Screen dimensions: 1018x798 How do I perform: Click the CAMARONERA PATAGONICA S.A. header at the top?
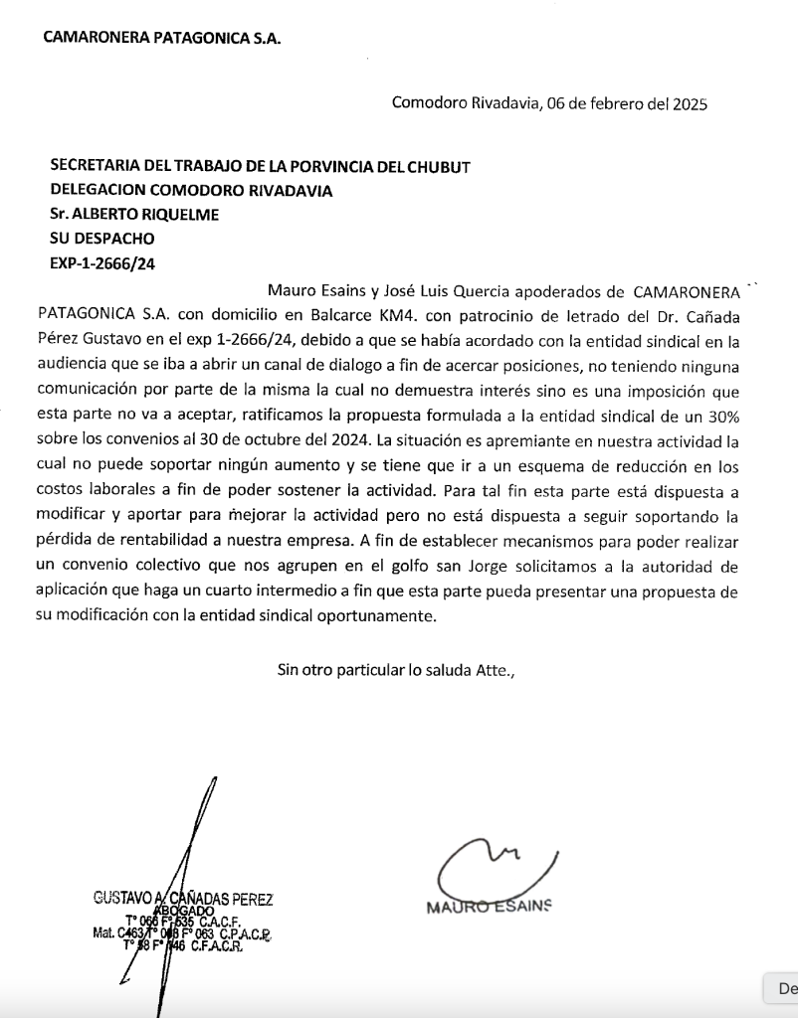163,38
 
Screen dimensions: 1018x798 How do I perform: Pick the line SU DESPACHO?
101,239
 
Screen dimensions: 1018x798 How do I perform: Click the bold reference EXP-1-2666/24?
102,263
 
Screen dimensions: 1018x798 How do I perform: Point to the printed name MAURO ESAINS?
488,907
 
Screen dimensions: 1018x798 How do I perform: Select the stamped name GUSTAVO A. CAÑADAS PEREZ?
183,898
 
